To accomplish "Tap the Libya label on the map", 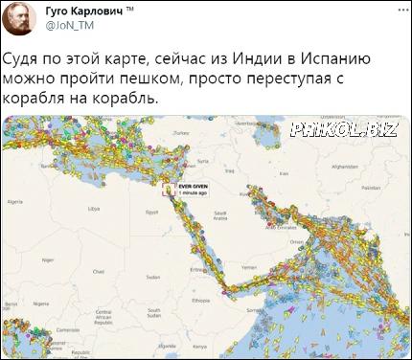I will point(93,207).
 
